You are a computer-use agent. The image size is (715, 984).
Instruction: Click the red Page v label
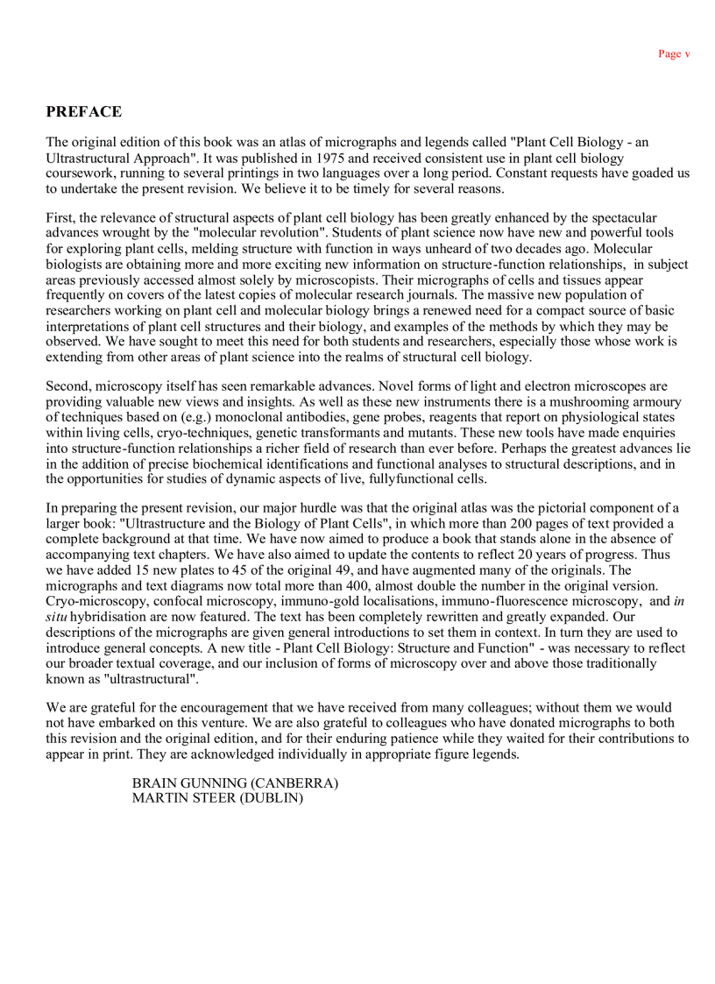(674, 54)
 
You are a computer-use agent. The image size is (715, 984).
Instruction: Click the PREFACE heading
(84, 112)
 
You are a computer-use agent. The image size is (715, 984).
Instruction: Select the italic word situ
(58, 615)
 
